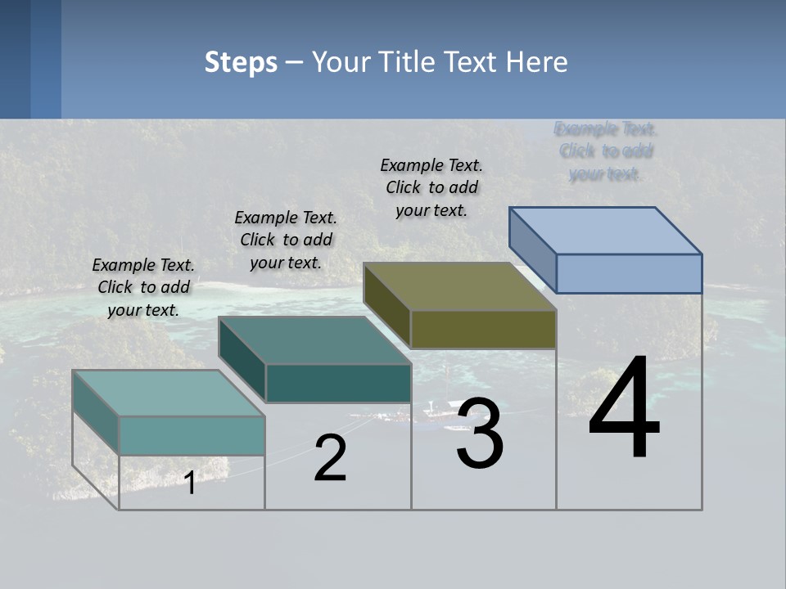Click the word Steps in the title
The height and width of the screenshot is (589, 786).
241,62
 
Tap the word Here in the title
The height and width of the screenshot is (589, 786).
537,62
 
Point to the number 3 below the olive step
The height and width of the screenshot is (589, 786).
480,434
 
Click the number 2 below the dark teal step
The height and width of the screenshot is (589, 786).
330,458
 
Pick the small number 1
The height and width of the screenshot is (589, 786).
190,483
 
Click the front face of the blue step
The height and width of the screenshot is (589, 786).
629,273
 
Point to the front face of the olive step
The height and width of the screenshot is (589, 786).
483,330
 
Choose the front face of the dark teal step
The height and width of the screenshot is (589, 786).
338,383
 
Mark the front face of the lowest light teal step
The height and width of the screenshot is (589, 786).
192,435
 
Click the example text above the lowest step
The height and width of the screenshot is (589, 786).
143,287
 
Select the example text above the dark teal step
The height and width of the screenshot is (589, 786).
286,240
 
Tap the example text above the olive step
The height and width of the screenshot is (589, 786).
431,187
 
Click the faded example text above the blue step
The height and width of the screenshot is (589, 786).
606,151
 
